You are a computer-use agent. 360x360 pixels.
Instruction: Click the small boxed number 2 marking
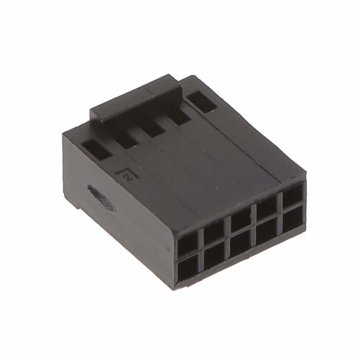coord(127,176)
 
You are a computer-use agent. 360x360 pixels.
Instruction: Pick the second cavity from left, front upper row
coord(214,233)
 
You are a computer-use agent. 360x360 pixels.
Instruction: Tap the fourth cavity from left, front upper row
coord(266,209)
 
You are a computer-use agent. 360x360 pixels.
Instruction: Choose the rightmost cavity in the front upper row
coord(292,197)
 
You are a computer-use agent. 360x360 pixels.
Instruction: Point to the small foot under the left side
coord(78,206)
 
